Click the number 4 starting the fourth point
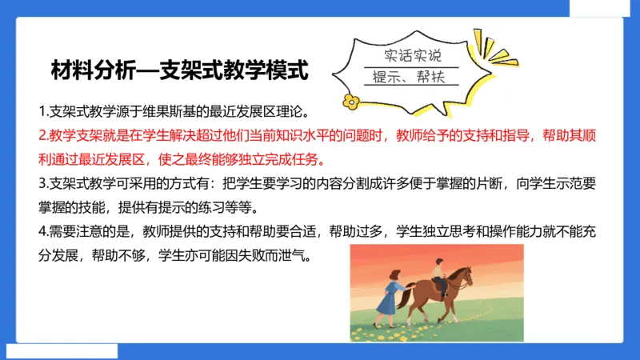[42, 233]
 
